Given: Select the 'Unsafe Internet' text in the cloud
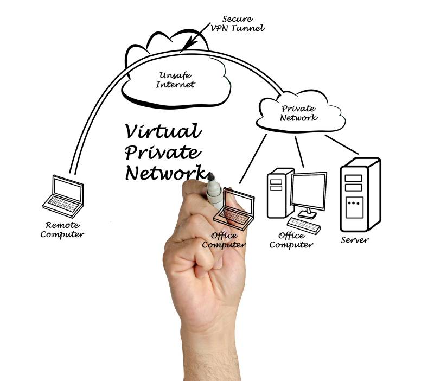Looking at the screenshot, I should click(175, 80).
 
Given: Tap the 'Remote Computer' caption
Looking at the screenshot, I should click(62, 230).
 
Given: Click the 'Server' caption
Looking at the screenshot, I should click(355, 240).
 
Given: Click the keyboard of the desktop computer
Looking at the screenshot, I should click(304, 223).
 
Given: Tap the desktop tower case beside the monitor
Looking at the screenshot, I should click(278, 192).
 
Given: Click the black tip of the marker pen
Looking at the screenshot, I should click(210, 177).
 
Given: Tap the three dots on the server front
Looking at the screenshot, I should click(354, 204).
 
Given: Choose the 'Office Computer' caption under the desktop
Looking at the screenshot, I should click(291, 240).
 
